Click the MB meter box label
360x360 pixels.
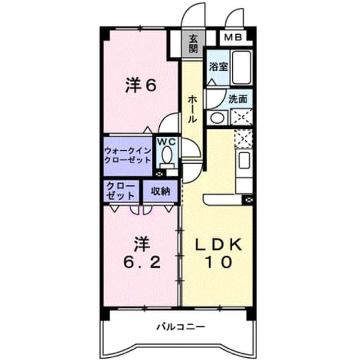pyautogui.click(x=233, y=37)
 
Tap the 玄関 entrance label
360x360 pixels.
pyautogui.click(x=193, y=44)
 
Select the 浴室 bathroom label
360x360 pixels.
pyautogui.click(x=218, y=67)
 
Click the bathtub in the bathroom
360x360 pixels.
pyautogui.click(x=241, y=67)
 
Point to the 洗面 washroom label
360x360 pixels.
pyautogui.click(x=237, y=99)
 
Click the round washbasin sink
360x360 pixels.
pyautogui.click(x=217, y=118)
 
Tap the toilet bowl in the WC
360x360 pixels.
pyautogui.click(x=167, y=155)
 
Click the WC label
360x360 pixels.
pyautogui.click(x=166, y=142)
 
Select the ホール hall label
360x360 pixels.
pyautogui.click(x=192, y=109)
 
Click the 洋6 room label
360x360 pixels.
pyautogui.click(x=141, y=85)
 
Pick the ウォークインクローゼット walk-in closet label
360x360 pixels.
pyautogui.click(x=128, y=156)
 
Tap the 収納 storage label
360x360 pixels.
pyautogui.click(x=160, y=191)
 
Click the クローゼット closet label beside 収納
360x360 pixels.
pyautogui.click(x=121, y=191)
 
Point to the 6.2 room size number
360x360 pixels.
pyautogui.click(x=142, y=263)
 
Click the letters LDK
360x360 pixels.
pyautogui.click(x=218, y=245)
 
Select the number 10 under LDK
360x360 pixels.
pyautogui.click(x=218, y=262)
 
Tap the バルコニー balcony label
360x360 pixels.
pyautogui.click(x=181, y=327)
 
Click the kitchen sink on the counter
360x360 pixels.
pyautogui.click(x=244, y=160)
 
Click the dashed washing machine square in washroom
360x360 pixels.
pyautogui.click(x=241, y=117)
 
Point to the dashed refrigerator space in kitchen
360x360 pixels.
pyautogui.click(x=244, y=138)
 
